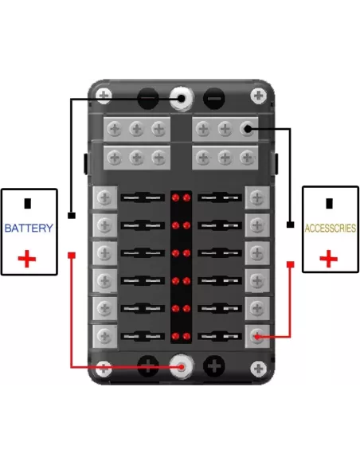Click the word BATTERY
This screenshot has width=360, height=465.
click(29, 228)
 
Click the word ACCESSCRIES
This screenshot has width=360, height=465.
click(331, 228)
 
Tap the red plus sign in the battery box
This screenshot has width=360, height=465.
click(27, 259)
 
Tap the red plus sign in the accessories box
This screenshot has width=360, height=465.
click(329, 259)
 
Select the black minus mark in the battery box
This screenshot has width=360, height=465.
click(28, 204)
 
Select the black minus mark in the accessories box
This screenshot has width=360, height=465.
click(329, 204)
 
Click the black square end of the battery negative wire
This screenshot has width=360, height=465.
click(72, 215)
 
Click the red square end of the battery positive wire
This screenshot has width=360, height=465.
click(72, 255)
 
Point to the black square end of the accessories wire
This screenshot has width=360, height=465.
click(291, 225)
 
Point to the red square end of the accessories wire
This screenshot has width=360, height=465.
click(291, 264)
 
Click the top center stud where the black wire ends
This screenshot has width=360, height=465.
click(182, 99)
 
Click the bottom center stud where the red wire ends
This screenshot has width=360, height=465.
click(182, 367)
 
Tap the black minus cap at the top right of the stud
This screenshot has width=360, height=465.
click(213, 99)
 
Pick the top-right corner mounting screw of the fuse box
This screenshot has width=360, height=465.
click(259, 96)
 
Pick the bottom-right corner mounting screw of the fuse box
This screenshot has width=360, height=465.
click(259, 369)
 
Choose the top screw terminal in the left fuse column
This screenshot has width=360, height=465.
click(104, 197)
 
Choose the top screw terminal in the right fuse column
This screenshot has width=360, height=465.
click(257, 197)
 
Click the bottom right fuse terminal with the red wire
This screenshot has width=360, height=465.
click(257, 336)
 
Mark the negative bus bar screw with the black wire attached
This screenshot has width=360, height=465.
click(247, 129)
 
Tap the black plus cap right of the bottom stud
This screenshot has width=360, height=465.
click(213, 366)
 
